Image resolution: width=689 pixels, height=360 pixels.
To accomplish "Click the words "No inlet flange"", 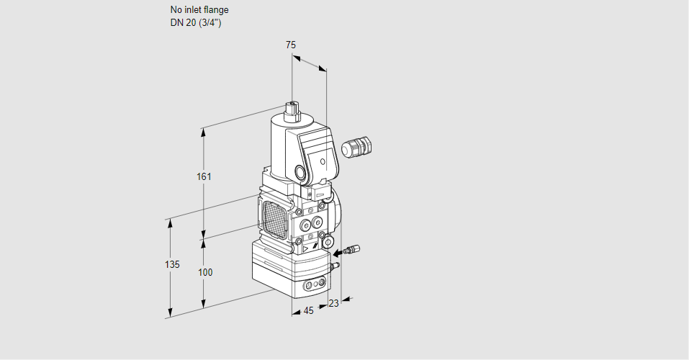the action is [199, 9].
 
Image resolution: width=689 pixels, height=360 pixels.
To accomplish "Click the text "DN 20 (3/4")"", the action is [196, 23].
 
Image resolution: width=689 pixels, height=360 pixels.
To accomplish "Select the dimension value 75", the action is [291, 45].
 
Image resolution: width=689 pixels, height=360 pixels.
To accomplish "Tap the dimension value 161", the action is [204, 176].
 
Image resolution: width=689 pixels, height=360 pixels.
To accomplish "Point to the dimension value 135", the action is [172, 264].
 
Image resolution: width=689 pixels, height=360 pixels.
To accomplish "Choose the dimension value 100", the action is [205, 273].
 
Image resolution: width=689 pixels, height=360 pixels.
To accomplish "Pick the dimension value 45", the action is [308, 311].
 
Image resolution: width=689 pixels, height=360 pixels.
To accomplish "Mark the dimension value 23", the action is [334, 303].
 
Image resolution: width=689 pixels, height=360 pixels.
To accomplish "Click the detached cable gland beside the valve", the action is [356, 146].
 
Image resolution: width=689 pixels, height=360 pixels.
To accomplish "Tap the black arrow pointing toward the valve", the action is [338, 253].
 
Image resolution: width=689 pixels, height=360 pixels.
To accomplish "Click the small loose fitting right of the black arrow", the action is [352, 250].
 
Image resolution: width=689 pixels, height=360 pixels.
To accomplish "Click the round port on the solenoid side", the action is [300, 172].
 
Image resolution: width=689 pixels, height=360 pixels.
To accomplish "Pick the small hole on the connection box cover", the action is [323, 162].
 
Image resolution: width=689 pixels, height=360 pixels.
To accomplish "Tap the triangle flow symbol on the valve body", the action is [306, 249].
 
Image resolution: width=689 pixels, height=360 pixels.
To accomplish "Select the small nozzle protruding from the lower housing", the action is [336, 265].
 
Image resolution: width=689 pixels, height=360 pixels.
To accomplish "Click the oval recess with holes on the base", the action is [315, 284].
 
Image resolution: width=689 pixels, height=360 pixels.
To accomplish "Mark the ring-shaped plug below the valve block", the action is [328, 242].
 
